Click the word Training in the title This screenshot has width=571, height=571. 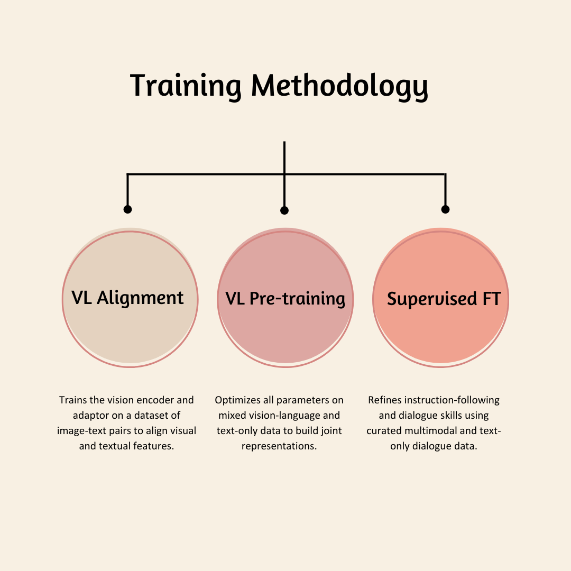186,86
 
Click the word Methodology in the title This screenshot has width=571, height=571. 339,86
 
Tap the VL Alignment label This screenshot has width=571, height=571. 127,298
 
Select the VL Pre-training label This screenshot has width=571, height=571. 285,299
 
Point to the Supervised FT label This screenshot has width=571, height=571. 444,299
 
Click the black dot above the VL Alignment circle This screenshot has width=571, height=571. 127,209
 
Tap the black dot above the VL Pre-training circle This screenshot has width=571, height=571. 284,210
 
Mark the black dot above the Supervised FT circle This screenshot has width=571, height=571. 445,209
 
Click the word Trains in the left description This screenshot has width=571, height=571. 73,400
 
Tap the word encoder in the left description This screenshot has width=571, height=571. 156,400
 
